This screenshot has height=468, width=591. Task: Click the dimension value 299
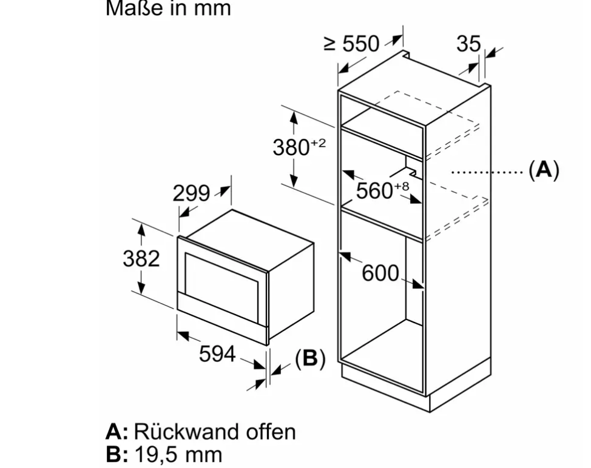[191, 194]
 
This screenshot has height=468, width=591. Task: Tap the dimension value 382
[141, 258]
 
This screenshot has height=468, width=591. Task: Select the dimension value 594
[217, 354]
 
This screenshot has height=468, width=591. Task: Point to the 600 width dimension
[380, 273]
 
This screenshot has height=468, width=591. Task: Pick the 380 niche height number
[291, 147]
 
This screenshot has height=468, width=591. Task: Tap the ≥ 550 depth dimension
[352, 44]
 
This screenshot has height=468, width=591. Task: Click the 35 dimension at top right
[468, 44]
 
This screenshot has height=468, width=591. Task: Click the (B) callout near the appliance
[310, 359]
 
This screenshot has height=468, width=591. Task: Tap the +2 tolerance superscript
[319, 143]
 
